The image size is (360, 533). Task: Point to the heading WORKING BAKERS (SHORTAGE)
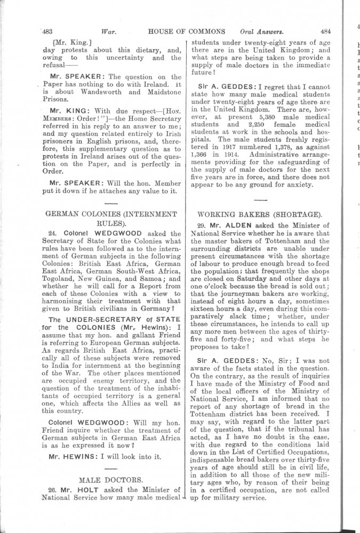pos(259,215)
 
